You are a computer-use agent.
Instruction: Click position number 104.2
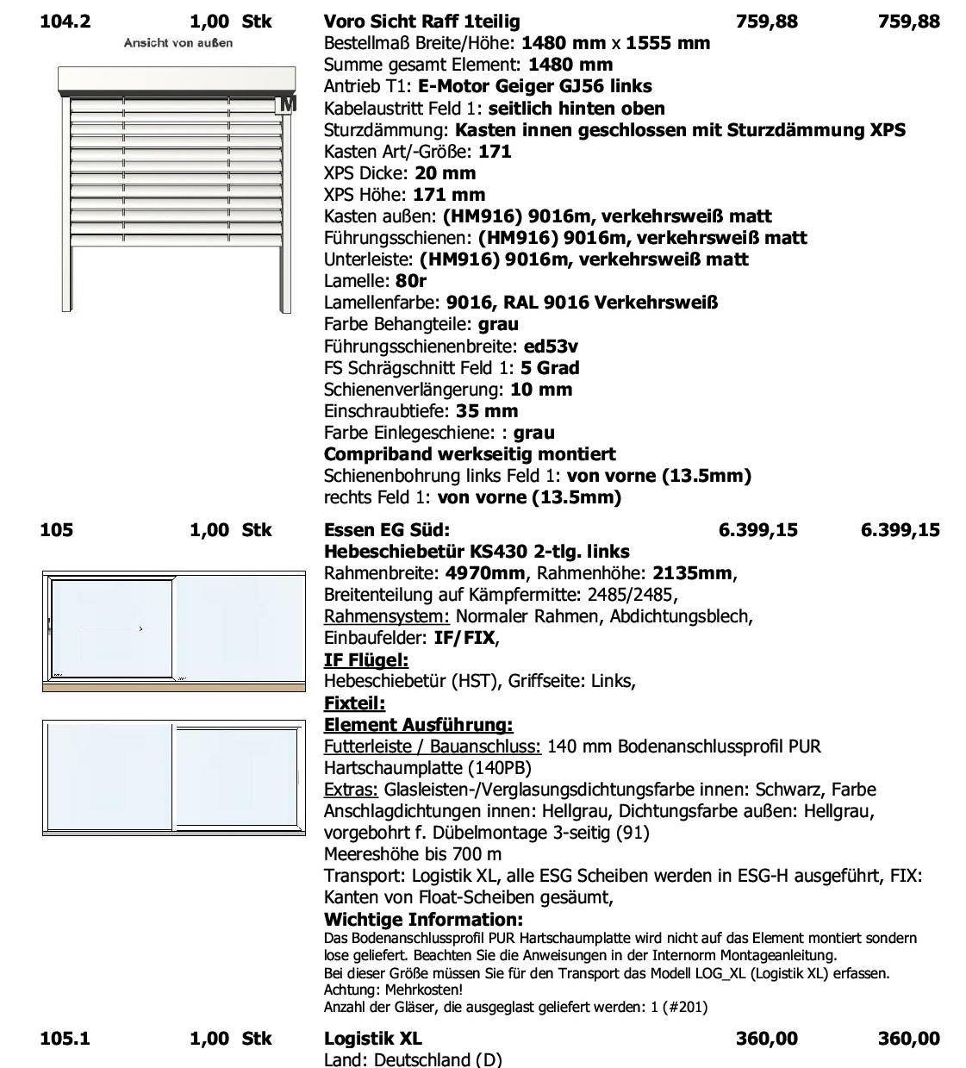click(65, 21)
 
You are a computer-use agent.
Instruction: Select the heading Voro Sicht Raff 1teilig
click(421, 21)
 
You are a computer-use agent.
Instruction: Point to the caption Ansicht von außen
click(178, 42)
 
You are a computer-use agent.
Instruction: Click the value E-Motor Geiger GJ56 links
click(534, 86)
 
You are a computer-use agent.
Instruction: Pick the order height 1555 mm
click(668, 43)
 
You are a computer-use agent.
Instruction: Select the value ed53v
click(551, 347)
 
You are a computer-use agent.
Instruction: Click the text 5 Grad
click(550, 368)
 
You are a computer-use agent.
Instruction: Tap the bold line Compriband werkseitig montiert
click(470, 454)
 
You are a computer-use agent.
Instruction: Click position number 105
click(57, 529)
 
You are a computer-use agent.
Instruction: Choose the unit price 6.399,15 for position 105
click(757, 529)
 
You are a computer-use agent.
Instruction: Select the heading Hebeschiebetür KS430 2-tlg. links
click(477, 552)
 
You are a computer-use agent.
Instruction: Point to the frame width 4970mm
click(485, 573)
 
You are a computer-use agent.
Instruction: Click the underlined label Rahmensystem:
click(387, 616)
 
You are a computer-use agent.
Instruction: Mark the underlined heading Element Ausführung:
click(418, 725)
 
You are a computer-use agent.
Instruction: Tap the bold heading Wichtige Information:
click(423, 920)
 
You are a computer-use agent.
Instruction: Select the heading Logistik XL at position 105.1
click(373, 1039)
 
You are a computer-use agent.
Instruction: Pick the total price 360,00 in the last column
click(908, 1039)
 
